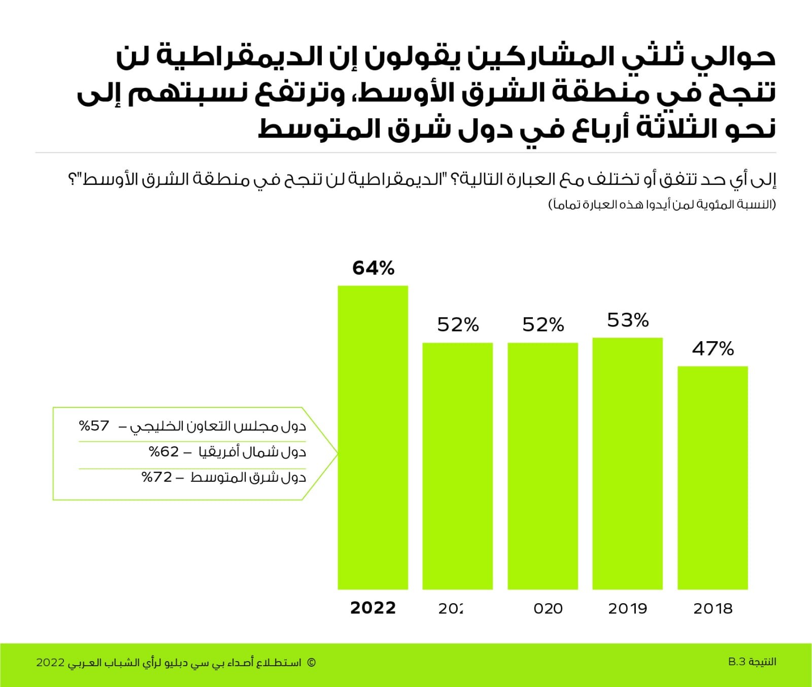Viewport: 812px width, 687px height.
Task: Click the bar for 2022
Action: click(373, 437)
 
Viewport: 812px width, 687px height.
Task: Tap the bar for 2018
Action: click(713, 477)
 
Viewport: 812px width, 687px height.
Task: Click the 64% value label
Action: click(374, 268)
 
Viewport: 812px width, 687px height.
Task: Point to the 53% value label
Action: click(628, 320)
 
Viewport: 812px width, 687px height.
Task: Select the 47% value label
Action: click(713, 349)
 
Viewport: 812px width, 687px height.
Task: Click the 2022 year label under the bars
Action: click(373, 608)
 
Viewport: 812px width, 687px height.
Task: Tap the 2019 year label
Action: click(628, 608)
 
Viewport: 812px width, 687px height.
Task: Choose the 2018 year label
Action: click(713, 608)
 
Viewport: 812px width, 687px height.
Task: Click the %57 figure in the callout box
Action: click(94, 426)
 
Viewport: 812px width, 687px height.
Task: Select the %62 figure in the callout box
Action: click(163, 451)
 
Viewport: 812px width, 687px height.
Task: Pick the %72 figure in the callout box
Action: click(157, 477)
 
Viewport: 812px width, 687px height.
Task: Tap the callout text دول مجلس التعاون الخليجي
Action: click(218, 426)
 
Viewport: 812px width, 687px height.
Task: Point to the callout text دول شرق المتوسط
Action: click(248, 477)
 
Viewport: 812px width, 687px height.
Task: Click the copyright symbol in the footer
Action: click(311, 663)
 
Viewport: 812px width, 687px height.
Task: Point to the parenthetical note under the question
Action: click(662, 205)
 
